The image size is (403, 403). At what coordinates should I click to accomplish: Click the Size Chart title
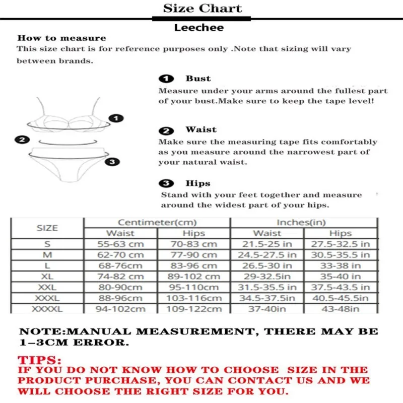click(x=202, y=9)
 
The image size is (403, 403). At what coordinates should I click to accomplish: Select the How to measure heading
click(x=61, y=38)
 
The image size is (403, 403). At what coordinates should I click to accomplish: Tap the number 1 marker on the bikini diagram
click(x=116, y=119)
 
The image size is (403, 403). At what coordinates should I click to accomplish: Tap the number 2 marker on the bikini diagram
click(x=22, y=140)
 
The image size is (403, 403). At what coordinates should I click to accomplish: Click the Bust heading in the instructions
click(x=198, y=79)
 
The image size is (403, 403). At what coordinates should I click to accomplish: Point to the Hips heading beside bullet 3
click(x=197, y=183)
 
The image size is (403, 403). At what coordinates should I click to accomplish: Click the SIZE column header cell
click(x=47, y=228)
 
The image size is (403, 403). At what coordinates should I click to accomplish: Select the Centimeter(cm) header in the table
click(x=157, y=222)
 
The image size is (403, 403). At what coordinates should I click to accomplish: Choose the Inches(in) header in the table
click(x=304, y=222)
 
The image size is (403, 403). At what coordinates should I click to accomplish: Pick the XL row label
click(x=47, y=276)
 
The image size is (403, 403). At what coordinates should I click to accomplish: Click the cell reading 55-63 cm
click(x=120, y=244)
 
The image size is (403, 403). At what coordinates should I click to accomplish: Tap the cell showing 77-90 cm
click(x=194, y=255)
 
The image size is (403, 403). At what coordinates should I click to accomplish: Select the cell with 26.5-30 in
click(x=267, y=265)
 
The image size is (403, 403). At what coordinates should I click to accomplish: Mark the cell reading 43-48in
click(x=341, y=309)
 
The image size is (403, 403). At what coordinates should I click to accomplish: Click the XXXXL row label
click(x=47, y=309)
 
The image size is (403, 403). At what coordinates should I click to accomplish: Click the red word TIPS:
click(x=39, y=361)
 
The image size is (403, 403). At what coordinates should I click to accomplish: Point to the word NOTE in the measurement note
click(x=35, y=332)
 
